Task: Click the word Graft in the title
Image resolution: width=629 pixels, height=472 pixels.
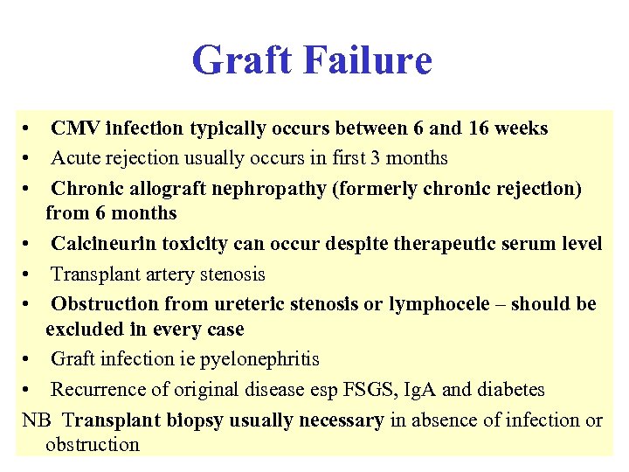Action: [245, 61]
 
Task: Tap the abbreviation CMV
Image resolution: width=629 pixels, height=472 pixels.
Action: [74, 128]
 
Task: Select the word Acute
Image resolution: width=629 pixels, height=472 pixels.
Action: [75, 158]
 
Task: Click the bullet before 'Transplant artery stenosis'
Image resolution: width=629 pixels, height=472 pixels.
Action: [29, 274]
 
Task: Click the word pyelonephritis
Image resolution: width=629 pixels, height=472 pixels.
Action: [260, 359]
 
